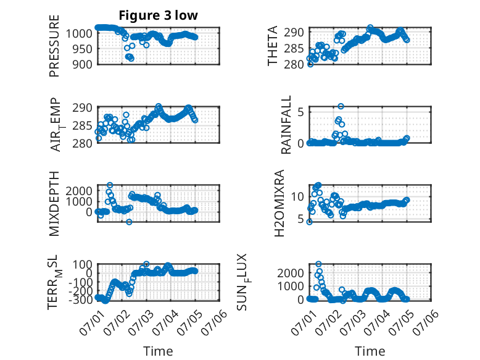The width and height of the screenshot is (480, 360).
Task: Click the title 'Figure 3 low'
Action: pos(159,15)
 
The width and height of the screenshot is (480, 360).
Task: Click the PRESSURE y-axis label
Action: pos(54,46)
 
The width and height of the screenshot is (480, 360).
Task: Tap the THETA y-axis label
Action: pos(273,46)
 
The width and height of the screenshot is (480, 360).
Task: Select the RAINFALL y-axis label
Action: pos(286,125)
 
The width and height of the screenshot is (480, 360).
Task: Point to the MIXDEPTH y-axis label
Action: pos(54,204)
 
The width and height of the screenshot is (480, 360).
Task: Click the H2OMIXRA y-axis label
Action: pos(279,203)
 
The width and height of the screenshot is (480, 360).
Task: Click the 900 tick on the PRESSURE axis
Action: pos(82,64)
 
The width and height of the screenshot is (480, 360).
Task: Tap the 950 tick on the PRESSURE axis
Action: pos(82,48)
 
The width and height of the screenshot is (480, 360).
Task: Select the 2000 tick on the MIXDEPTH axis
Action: pos(79,191)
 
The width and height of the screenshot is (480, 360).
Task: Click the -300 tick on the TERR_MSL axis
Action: pos(80,299)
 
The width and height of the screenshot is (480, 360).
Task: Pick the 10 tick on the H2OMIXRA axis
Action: pos(297,197)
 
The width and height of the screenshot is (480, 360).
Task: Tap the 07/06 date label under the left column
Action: pos(214,323)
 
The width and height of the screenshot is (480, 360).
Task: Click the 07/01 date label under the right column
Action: pos(304,323)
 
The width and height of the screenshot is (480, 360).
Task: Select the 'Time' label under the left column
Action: pos(159,351)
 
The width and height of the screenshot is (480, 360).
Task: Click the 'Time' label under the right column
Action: pos(370,351)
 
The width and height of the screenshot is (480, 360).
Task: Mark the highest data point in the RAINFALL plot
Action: pos(341,106)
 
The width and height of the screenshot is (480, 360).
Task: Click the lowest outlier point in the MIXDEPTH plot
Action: pos(129,222)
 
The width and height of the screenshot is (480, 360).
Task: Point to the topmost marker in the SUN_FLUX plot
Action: pos(319,264)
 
